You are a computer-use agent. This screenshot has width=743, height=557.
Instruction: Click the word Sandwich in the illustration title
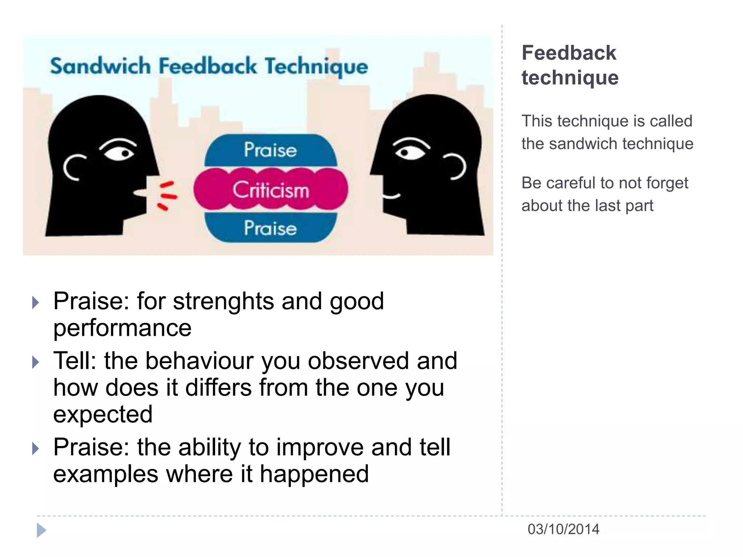click(x=100, y=66)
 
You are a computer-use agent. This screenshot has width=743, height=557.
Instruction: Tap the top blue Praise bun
click(x=271, y=149)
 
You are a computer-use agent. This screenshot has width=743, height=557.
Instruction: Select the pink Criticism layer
click(x=271, y=189)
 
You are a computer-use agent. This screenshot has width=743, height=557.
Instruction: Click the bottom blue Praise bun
click(x=271, y=228)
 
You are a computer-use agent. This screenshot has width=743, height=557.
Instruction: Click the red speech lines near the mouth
click(x=167, y=196)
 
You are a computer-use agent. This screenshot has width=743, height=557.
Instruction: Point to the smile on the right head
click(x=391, y=196)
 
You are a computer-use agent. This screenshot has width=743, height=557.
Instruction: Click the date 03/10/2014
click(x=563, y=529)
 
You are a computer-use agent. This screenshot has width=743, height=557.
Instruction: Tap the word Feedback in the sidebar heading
click(x=569, y=53)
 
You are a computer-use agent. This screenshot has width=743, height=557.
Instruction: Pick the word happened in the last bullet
click(x=314, y=474)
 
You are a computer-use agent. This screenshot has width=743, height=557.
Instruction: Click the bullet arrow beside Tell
click(x=35, y=362)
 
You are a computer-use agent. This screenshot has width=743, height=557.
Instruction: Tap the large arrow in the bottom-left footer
click(x=41, y=530)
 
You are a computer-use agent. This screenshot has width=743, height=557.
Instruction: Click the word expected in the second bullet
click(x=103, y=414)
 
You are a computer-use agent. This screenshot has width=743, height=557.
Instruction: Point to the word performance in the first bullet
click(x=122, y=328)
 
